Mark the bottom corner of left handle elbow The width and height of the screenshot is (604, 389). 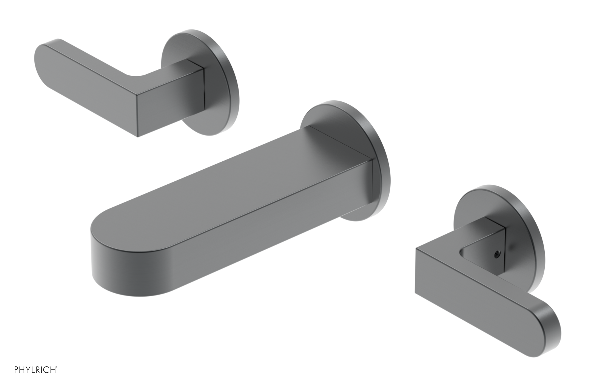click(x=138, y=136)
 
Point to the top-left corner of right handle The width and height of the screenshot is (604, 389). click(x=416, y=249)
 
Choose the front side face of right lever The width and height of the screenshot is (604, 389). click(x=472, y=302)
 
